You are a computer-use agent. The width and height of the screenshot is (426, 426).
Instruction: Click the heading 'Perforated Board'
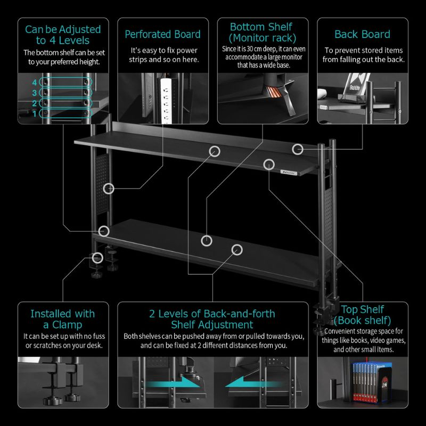(162, 35)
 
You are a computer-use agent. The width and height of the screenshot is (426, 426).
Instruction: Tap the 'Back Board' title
(362, 35)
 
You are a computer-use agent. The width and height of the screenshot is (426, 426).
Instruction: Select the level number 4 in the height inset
(35, 83)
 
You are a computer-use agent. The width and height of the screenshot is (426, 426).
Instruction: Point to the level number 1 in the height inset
(35, 113)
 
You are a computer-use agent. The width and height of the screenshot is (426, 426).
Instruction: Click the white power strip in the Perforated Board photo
(166, 101)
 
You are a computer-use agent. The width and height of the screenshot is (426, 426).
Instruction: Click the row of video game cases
(365, 382)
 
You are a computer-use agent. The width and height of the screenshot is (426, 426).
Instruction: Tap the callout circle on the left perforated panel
(109, 189)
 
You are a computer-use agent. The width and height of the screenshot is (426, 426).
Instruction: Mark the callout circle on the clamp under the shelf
(97, 258)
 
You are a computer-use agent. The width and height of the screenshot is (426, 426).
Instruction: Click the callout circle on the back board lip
(298, 149)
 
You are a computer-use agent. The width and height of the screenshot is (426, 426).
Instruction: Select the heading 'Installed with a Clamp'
(63, 319)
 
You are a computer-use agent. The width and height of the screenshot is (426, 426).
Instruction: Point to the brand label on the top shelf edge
(289, 172)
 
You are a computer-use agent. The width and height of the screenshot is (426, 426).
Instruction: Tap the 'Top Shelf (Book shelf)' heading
(363, 315)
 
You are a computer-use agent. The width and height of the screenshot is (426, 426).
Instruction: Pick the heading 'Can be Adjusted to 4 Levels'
(63, 35)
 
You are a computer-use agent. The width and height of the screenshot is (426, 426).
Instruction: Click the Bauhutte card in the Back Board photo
(356, 84)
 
